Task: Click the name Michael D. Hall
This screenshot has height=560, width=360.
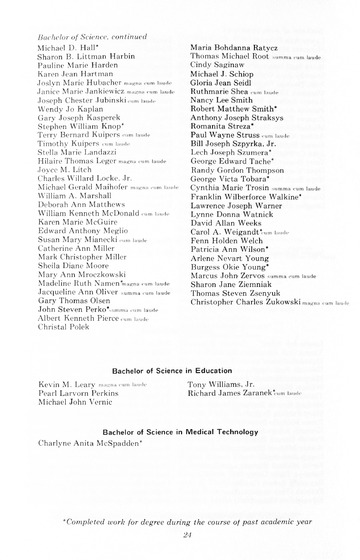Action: (x=67, y=47)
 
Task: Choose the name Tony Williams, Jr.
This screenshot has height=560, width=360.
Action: (x=222, y=384)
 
